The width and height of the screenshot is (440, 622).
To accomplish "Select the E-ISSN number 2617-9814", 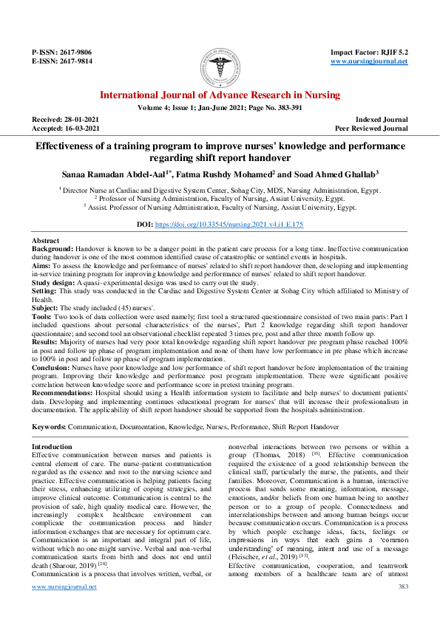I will tap(76, 62).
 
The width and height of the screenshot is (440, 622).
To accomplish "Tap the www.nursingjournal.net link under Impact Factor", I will tap(368, 62).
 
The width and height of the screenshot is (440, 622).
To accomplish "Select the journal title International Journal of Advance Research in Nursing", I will tap(220, 95).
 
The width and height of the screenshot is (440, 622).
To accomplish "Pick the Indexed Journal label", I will tap(382, 120).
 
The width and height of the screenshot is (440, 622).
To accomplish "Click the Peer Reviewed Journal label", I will tap(371, 129).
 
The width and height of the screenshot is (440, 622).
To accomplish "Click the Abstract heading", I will tap(46, 242).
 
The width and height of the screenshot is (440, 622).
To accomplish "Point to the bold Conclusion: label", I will tap(52, 367).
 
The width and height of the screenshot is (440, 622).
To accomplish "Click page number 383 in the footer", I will tap(402, 607).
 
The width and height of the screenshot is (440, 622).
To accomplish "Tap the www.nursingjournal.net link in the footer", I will tap(64, 607).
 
